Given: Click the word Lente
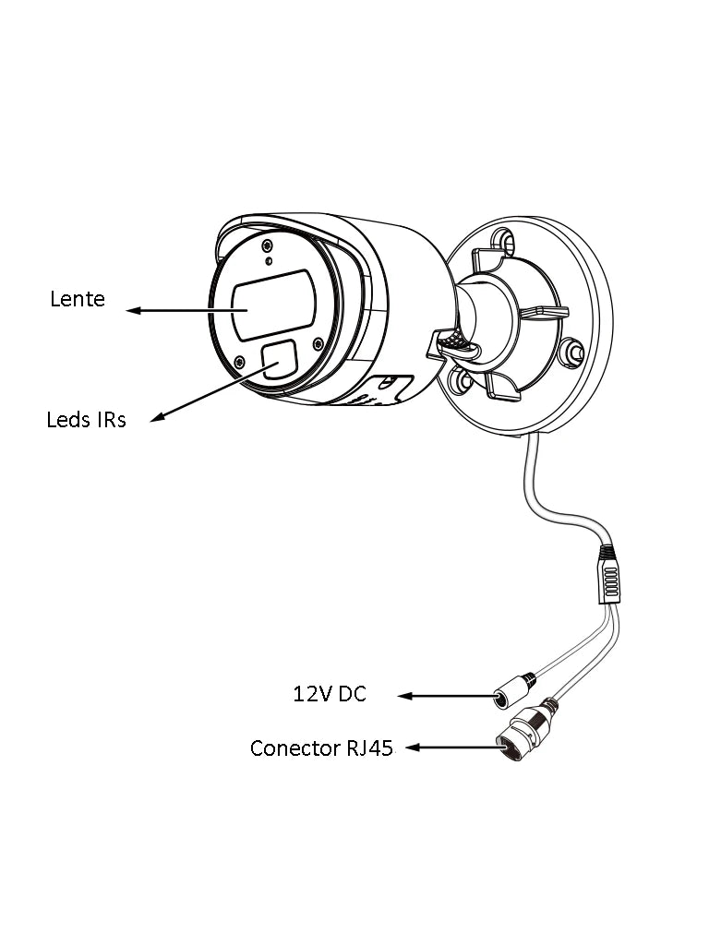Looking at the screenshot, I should pos(78,299).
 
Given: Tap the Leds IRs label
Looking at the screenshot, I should pos(86,420).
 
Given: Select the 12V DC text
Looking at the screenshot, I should pos(330,694).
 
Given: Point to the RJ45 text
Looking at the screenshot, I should pos(369,748).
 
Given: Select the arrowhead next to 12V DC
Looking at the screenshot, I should pos(403,695).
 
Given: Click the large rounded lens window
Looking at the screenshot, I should pos(273,305).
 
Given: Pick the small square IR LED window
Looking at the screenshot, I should pos(279,359).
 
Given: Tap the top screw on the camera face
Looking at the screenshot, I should pos(267,245).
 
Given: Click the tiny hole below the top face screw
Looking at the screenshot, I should pos(269,261).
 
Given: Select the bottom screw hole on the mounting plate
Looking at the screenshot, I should pos(459,380).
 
